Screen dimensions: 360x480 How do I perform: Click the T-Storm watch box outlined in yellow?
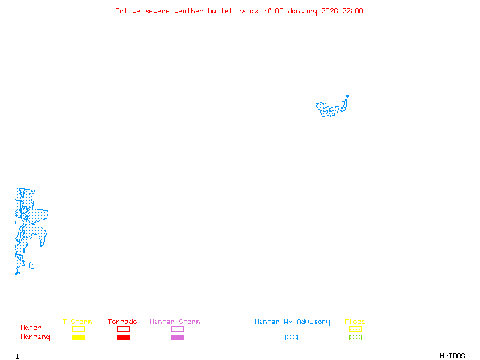click(78, 329)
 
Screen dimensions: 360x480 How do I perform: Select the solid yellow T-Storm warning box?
click(78, 337)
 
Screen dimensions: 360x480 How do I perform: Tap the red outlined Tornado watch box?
click(123, 329)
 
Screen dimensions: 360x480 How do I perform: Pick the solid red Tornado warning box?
click(123, 337)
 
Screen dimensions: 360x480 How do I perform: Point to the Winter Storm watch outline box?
click(177, 329)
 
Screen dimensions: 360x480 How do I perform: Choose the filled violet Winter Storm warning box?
click(177, 337)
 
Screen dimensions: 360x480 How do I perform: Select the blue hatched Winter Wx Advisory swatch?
click(291, 337)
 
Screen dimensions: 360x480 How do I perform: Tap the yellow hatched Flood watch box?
click(355, 329)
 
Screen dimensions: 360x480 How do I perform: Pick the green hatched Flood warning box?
click(355, 337)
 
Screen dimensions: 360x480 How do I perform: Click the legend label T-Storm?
click(77, 322)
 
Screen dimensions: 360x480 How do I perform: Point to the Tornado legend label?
click(122, 322)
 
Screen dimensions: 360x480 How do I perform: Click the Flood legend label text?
click(355, 322)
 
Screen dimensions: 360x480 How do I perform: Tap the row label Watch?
click(31, 328)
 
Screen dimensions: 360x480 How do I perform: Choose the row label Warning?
click(35, 337)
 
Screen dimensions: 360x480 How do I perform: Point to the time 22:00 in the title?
click(353, 11)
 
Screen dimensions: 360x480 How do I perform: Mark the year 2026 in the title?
click(331, 11)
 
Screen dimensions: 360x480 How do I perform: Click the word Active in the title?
click(128, 11)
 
